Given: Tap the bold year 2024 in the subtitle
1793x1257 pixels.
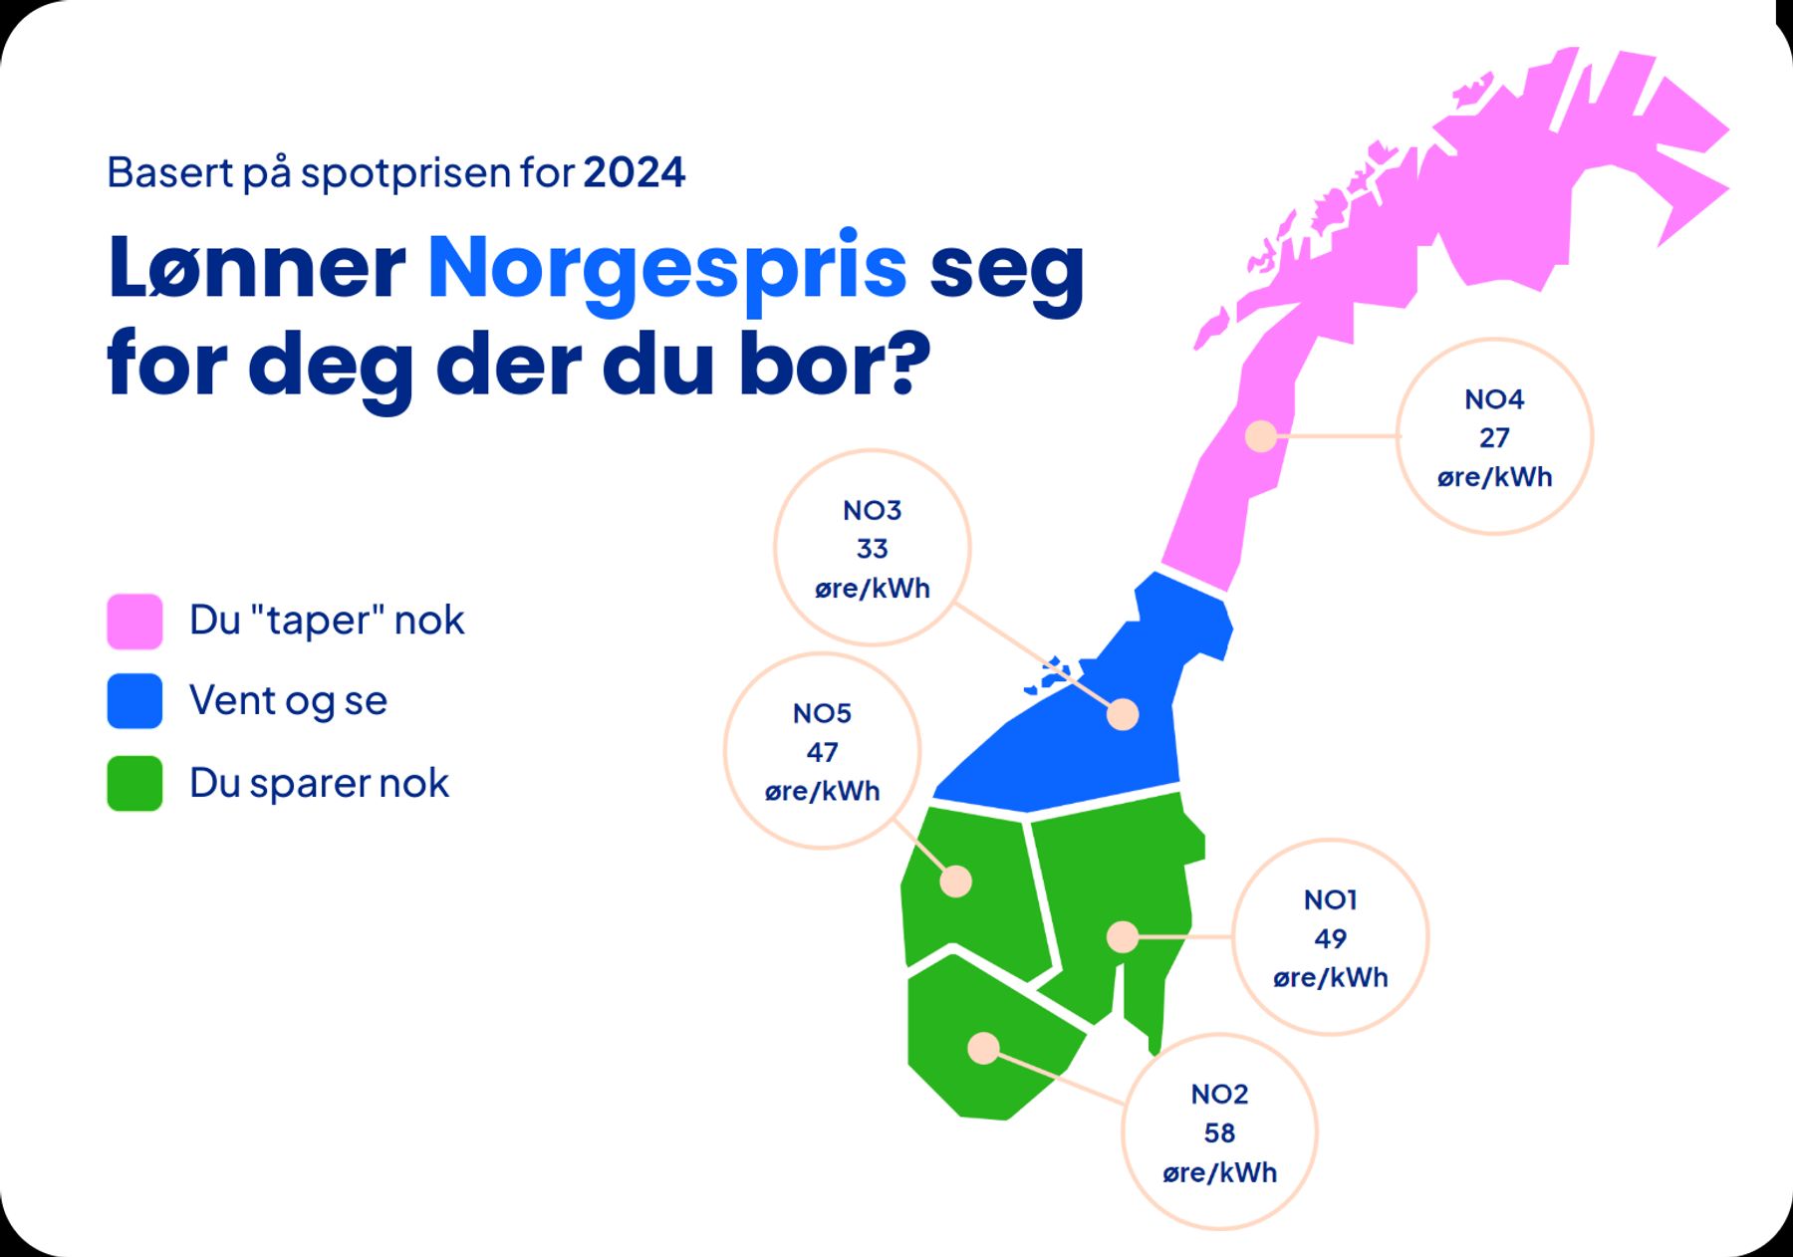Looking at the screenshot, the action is coord(635,172).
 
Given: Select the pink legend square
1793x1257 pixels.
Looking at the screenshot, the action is coord(134,622).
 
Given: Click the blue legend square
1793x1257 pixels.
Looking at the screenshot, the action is coord(134,701).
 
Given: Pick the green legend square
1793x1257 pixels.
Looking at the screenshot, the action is coord(134,783).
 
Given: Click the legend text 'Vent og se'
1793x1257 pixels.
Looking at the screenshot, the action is coord(288,701).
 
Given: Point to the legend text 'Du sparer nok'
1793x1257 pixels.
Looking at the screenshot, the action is coord(319,783).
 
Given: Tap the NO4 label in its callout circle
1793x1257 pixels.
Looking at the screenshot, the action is coord(1494,399).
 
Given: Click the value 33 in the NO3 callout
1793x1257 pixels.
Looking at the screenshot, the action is coord(872,549).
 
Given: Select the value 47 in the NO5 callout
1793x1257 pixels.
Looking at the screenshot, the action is coord(822,752).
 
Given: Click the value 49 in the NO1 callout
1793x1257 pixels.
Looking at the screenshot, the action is coord(1330,938).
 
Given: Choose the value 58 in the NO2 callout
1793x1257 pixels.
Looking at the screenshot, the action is coord(1219,1133).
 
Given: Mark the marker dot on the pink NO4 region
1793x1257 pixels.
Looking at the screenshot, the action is coord(1262,436).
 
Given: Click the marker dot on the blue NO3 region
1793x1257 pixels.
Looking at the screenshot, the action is coord(1123,714).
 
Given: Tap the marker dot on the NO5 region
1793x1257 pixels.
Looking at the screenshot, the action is coord(956,881).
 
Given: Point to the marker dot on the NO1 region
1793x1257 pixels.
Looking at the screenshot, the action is coord(1123,937).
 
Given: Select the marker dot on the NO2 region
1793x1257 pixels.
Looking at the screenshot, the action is coord(983,1048).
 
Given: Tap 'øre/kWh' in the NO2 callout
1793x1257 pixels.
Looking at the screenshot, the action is coord(1219,1173).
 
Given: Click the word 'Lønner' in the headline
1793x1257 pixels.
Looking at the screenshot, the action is coord(257,266).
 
